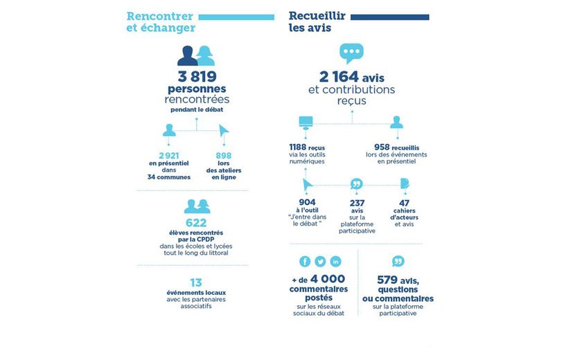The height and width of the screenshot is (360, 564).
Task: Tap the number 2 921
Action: [169, 155]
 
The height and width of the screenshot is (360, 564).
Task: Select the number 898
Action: [223, 155]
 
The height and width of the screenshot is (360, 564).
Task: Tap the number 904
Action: [306, 202]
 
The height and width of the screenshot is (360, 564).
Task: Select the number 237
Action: [358, 202]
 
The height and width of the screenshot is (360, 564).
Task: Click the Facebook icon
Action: [305, 262]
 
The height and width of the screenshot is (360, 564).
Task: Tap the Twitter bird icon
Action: [320, 262]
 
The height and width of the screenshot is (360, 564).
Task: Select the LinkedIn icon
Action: [336, 262]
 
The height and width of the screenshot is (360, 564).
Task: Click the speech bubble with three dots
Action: [351, 53]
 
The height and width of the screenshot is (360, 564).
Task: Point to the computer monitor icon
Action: [306, 123]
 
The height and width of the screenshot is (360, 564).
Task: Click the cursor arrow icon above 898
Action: [223, 130]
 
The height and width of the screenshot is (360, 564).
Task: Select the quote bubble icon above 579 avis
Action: [398, 261]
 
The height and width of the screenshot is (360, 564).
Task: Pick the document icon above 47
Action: [405, 183]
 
